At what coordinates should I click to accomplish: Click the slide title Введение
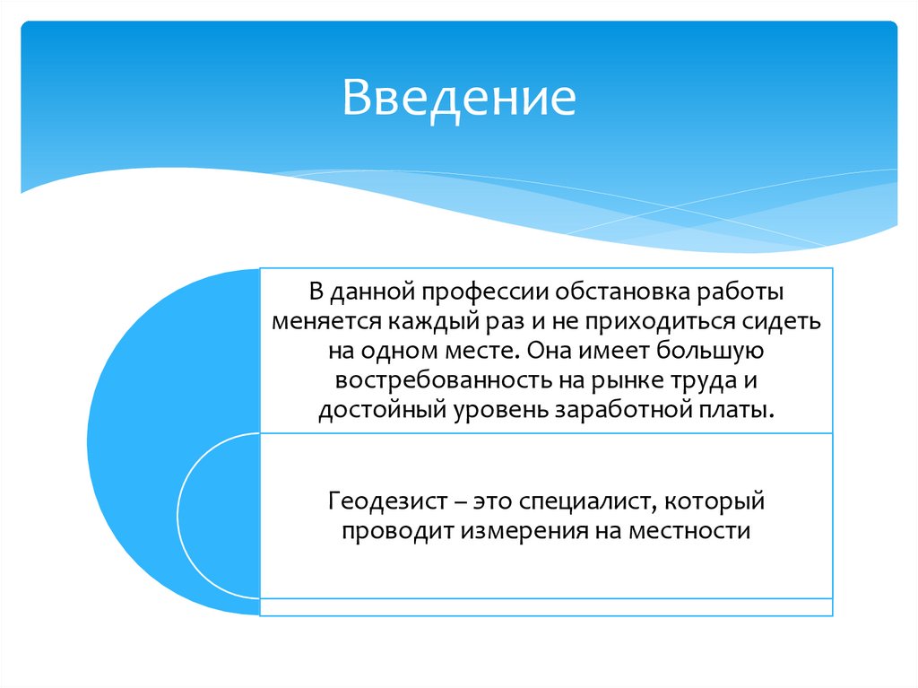pyautogui.click(x=457, y=98)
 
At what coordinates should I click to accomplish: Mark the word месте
pyautogui.click(x=479, y=352)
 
